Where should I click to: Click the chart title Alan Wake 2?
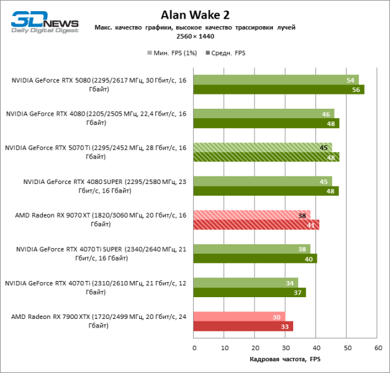(194, 14)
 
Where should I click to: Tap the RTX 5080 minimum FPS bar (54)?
(276, 80)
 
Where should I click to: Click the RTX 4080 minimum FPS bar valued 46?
(263, 114)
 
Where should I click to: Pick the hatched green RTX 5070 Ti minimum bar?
(262, 147)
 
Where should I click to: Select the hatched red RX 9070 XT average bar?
(256, 224)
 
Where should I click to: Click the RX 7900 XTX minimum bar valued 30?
(239, 316)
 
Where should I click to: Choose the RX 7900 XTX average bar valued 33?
(243, 326)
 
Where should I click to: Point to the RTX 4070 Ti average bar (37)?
(250, 292)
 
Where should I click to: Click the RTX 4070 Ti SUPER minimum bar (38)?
(252, 249)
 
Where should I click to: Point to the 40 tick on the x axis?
(316, 348)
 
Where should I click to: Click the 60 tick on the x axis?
(377, 348)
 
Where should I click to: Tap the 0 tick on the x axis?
(194, 348)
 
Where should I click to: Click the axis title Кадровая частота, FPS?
(285, 360)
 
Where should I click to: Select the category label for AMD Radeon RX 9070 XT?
(96, 219)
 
